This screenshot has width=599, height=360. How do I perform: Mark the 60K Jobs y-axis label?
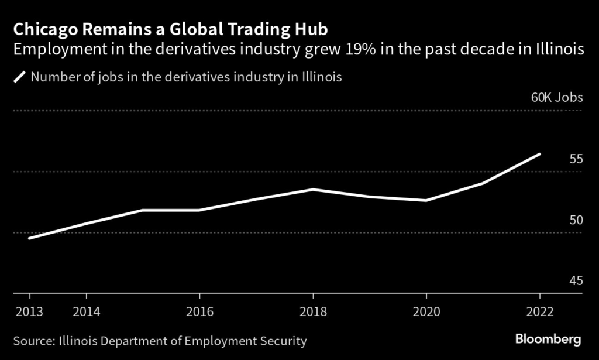[x=557, y=98]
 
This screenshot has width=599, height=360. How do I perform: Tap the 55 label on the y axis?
[x=576, y=159]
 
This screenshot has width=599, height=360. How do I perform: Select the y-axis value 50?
[x=576, y=220]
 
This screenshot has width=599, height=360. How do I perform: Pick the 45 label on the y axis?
[x=576, y=281]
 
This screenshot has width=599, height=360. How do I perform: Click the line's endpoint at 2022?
[x=539, y=154]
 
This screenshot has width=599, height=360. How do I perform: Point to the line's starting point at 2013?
[x=29, y=238]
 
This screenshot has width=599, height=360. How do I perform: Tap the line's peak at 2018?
[x=312, y=189]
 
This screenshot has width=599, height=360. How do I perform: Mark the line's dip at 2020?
[x=426, y=201]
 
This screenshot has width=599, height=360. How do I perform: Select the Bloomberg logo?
[x=548, y=339]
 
